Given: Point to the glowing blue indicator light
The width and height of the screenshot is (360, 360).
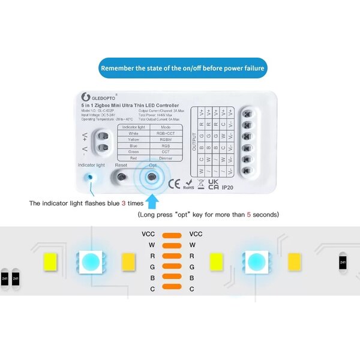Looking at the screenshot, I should pyautogui.click(x=89, y=178).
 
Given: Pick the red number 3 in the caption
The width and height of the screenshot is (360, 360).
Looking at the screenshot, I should pyautogui.click(x=124, y=203).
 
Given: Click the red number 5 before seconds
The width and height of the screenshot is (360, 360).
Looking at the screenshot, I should pyautogui.click(x=248, y=214).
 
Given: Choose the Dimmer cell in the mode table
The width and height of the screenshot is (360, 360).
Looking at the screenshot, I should pyautogui.click(x=165, y=159).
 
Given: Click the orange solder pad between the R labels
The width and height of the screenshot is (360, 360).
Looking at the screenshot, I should pyautogui.click(x=172, y=256).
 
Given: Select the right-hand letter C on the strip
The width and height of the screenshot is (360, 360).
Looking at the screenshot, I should pyautogui.click(x=191, y=289).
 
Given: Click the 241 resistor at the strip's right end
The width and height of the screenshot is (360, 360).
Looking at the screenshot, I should pyautogui.click(x=343, y=262).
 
